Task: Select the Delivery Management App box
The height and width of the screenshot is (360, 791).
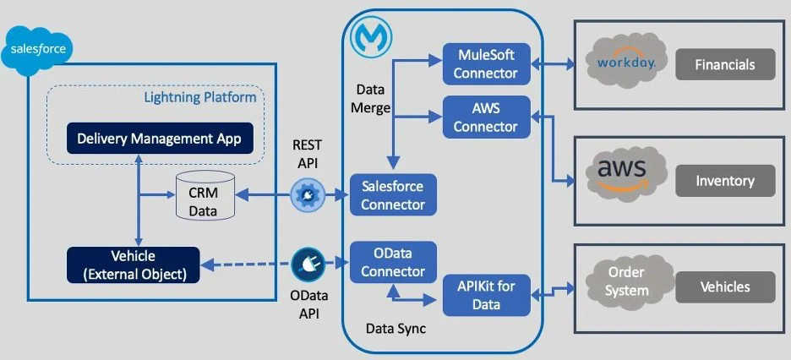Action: pos(160,138)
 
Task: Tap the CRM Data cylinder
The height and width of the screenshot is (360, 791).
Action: pos(203,196)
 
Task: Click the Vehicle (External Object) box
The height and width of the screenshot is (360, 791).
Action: pos(133,265)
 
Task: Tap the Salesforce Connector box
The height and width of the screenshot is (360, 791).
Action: pos(393,194)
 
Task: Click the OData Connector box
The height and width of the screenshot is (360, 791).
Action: pos(393,263)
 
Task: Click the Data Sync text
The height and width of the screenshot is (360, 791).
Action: pos(396,328)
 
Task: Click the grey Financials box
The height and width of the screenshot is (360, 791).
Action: pos(724,64)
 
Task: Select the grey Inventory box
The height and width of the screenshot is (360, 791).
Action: pos(724,180)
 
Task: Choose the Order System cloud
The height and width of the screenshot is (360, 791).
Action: pos(626,281)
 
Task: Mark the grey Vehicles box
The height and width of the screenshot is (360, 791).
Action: pos(724,286)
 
